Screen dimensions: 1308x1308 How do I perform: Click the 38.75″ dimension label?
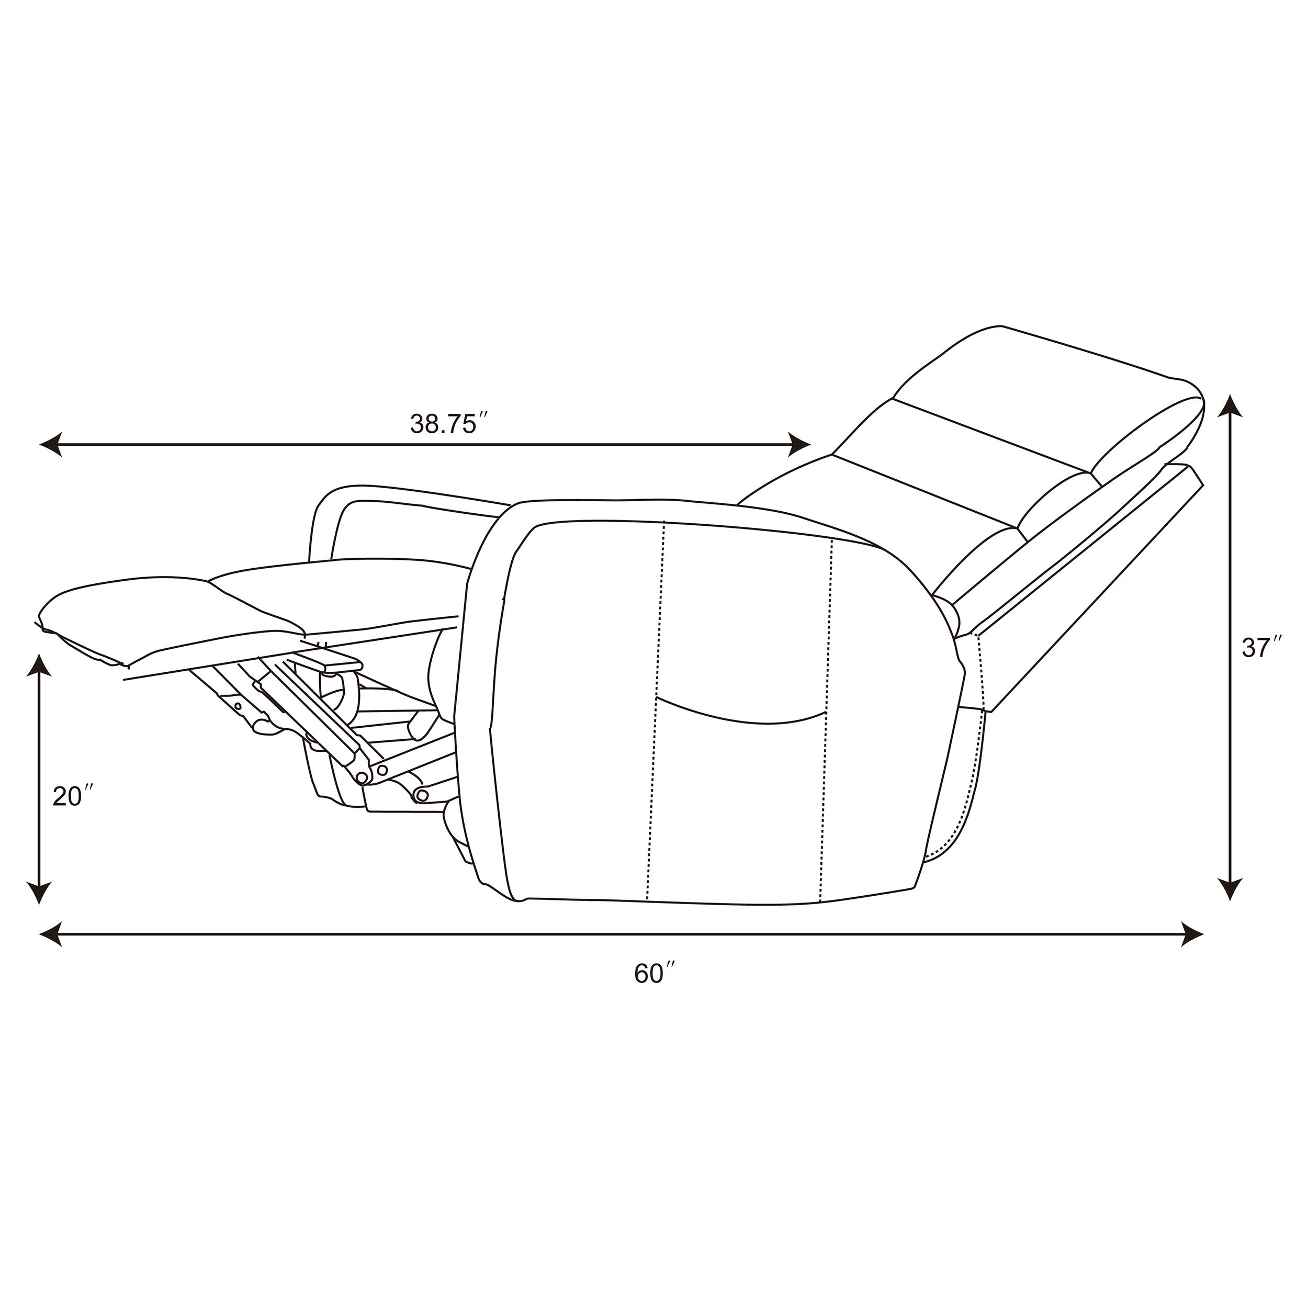pyautogui.click(x=449, y=423)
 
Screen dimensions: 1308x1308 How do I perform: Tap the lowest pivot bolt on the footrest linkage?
pyautogui.click(x=423, y=794)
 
